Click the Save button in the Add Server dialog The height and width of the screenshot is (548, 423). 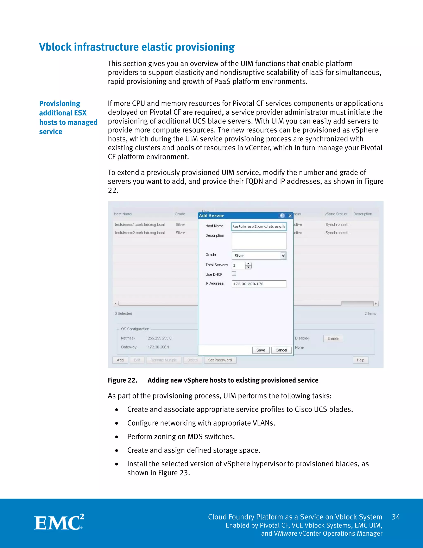(261, 350)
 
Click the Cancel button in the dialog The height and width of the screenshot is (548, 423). (281, 350)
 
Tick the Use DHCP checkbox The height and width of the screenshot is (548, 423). (234, 274)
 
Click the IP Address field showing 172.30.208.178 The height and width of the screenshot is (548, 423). (259, 284)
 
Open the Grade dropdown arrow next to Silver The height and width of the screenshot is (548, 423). (283, 256)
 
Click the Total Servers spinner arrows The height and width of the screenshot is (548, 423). (248, 266)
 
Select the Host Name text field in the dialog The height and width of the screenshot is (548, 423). (259, 226)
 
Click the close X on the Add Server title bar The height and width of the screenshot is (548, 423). (290, 216)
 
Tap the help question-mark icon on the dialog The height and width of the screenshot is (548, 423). (282, 216)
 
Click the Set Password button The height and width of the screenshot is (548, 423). (220, 360)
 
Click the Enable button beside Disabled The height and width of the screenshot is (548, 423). (333, 339)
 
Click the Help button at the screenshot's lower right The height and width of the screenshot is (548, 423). (360, 360)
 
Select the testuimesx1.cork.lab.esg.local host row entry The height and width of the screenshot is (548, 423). (140, 225)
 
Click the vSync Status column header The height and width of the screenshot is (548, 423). (336, 214)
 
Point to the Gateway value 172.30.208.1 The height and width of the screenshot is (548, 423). (158, 347)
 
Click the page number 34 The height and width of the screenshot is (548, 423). (396, 517)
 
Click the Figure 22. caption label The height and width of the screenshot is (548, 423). (122, 380)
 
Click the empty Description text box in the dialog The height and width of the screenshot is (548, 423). (259, 241)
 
